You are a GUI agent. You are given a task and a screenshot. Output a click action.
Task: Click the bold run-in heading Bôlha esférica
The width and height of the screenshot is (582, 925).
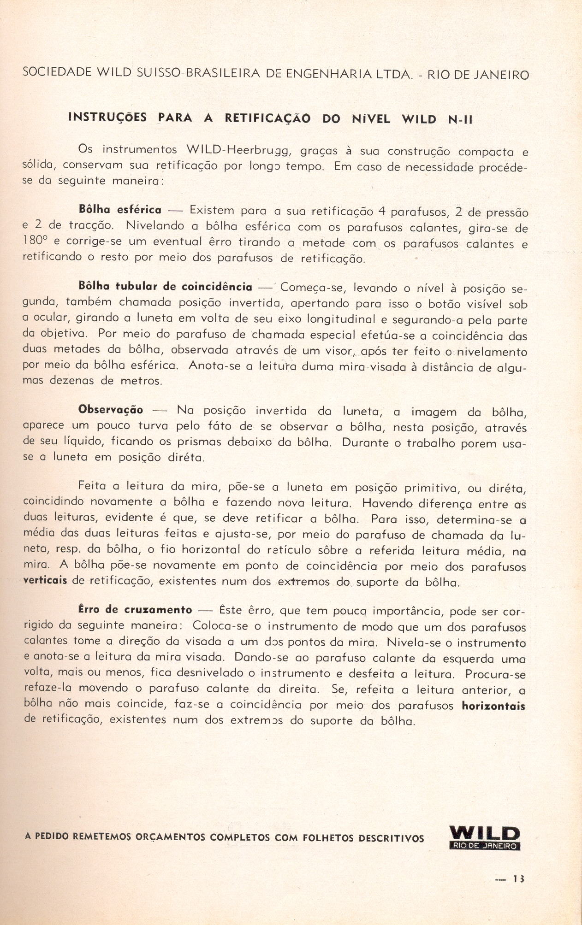click(x=120, y=210)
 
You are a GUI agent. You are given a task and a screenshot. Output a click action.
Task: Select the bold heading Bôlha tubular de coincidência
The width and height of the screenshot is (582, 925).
click(x=166, y=287)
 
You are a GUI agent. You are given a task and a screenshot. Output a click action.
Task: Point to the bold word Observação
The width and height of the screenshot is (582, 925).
click(x=111, y=410)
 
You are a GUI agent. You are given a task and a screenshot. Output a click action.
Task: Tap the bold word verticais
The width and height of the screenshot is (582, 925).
click(x=45, y=581)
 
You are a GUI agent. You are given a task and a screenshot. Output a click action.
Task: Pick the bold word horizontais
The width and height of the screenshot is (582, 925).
click(x=493, y=706)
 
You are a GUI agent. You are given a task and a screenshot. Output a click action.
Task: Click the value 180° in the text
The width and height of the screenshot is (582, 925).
click(x=36, y=242)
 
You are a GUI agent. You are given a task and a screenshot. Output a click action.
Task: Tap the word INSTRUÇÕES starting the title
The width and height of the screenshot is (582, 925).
click(x=107, y=118)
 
